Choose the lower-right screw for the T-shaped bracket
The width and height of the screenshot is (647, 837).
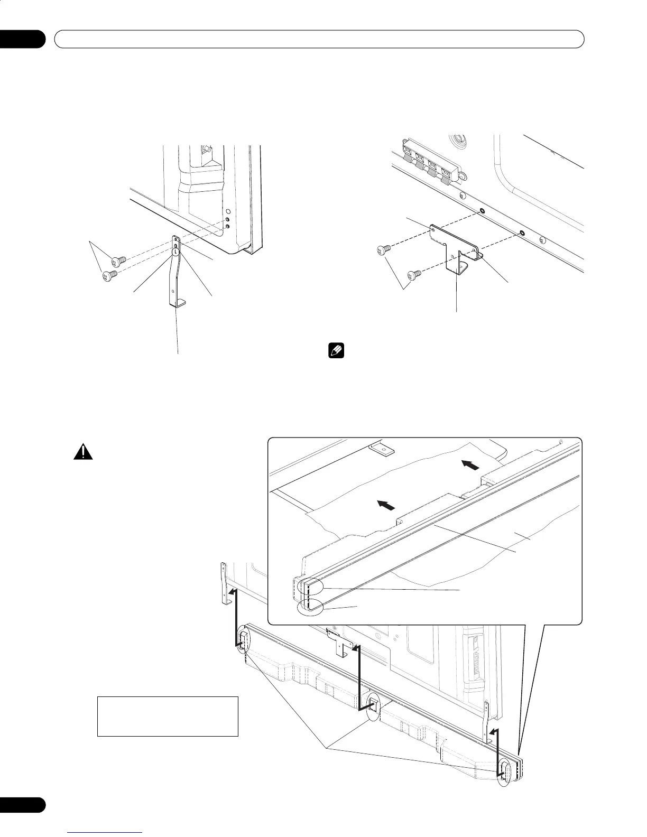pyautogui.click(x=414, y=274)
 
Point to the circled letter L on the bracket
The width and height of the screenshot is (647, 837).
pyautogui.click(x=175, y=252)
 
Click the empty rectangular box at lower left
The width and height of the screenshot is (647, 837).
pyautogui.click(x=168, y=716)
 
